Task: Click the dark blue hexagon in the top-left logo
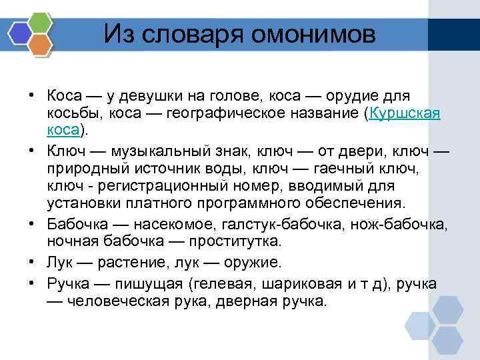click(x=19, y=32)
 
